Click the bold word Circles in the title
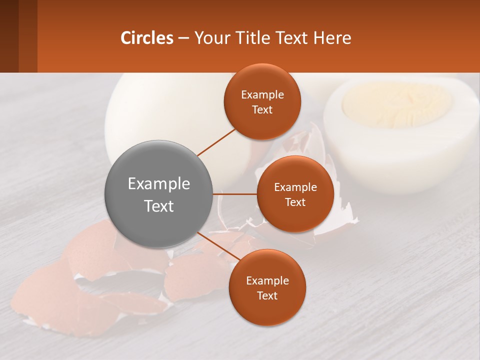click(147, 38)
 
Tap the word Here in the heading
click(332, 38)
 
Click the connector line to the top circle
click(216, 142)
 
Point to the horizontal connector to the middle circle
click(235, 194)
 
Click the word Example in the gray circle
click(159, 184)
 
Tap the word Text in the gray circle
click(159, 206)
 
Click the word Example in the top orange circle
click(262, 95)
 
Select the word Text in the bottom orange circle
click(267, 296)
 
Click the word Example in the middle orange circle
click(295, 187)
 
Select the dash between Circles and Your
click(183, 38)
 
